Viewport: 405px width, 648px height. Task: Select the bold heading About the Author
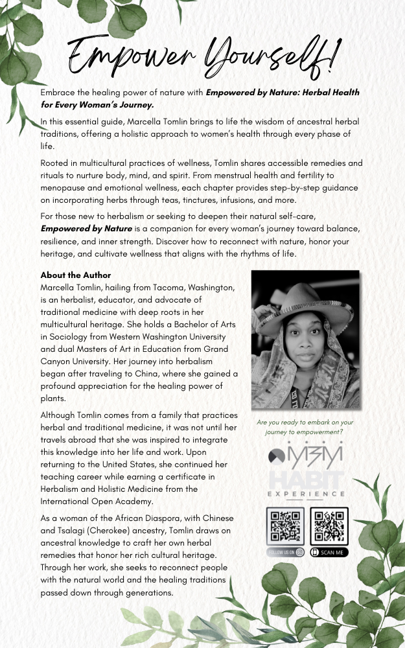click(76, 275)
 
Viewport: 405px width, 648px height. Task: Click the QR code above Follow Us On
click(286, 526)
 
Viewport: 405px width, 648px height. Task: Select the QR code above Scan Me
click(330, 526)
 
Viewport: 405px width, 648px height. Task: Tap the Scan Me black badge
click(330, 553)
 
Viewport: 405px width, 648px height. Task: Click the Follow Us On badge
click(286, 553)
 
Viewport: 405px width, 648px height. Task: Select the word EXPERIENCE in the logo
click(307, 494)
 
